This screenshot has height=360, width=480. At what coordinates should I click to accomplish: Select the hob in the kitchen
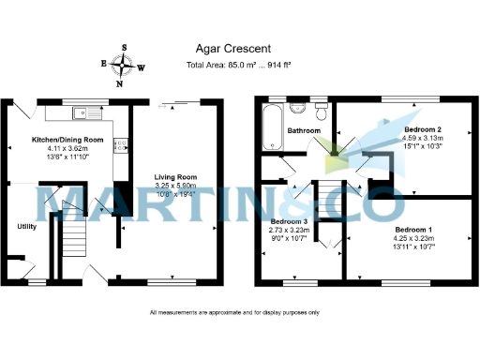point(120,146)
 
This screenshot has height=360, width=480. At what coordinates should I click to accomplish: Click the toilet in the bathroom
point(322,114)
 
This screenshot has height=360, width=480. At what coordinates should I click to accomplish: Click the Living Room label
point(175,176)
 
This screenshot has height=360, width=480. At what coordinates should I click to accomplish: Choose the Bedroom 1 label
point(413,230)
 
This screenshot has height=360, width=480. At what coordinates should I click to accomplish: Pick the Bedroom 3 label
point(290,220)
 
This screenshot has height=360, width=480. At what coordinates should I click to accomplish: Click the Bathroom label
point(305,131)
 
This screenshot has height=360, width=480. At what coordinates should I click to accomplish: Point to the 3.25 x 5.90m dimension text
point(175,186)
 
